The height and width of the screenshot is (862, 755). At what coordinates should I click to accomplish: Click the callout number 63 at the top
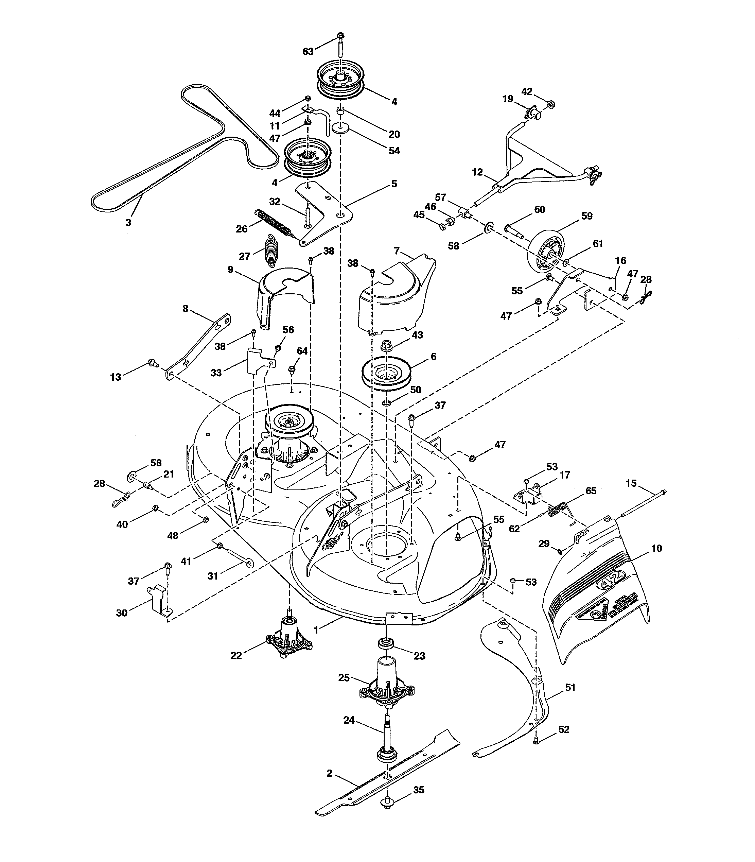[308, 51]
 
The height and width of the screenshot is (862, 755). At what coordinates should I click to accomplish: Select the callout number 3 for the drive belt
[128, 223]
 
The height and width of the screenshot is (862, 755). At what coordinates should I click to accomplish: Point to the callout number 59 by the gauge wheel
[587, 216]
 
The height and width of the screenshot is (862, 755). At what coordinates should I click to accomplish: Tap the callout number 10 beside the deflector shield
[656, 548]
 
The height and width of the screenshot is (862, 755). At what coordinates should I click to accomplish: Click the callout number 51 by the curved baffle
[570, 688]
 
